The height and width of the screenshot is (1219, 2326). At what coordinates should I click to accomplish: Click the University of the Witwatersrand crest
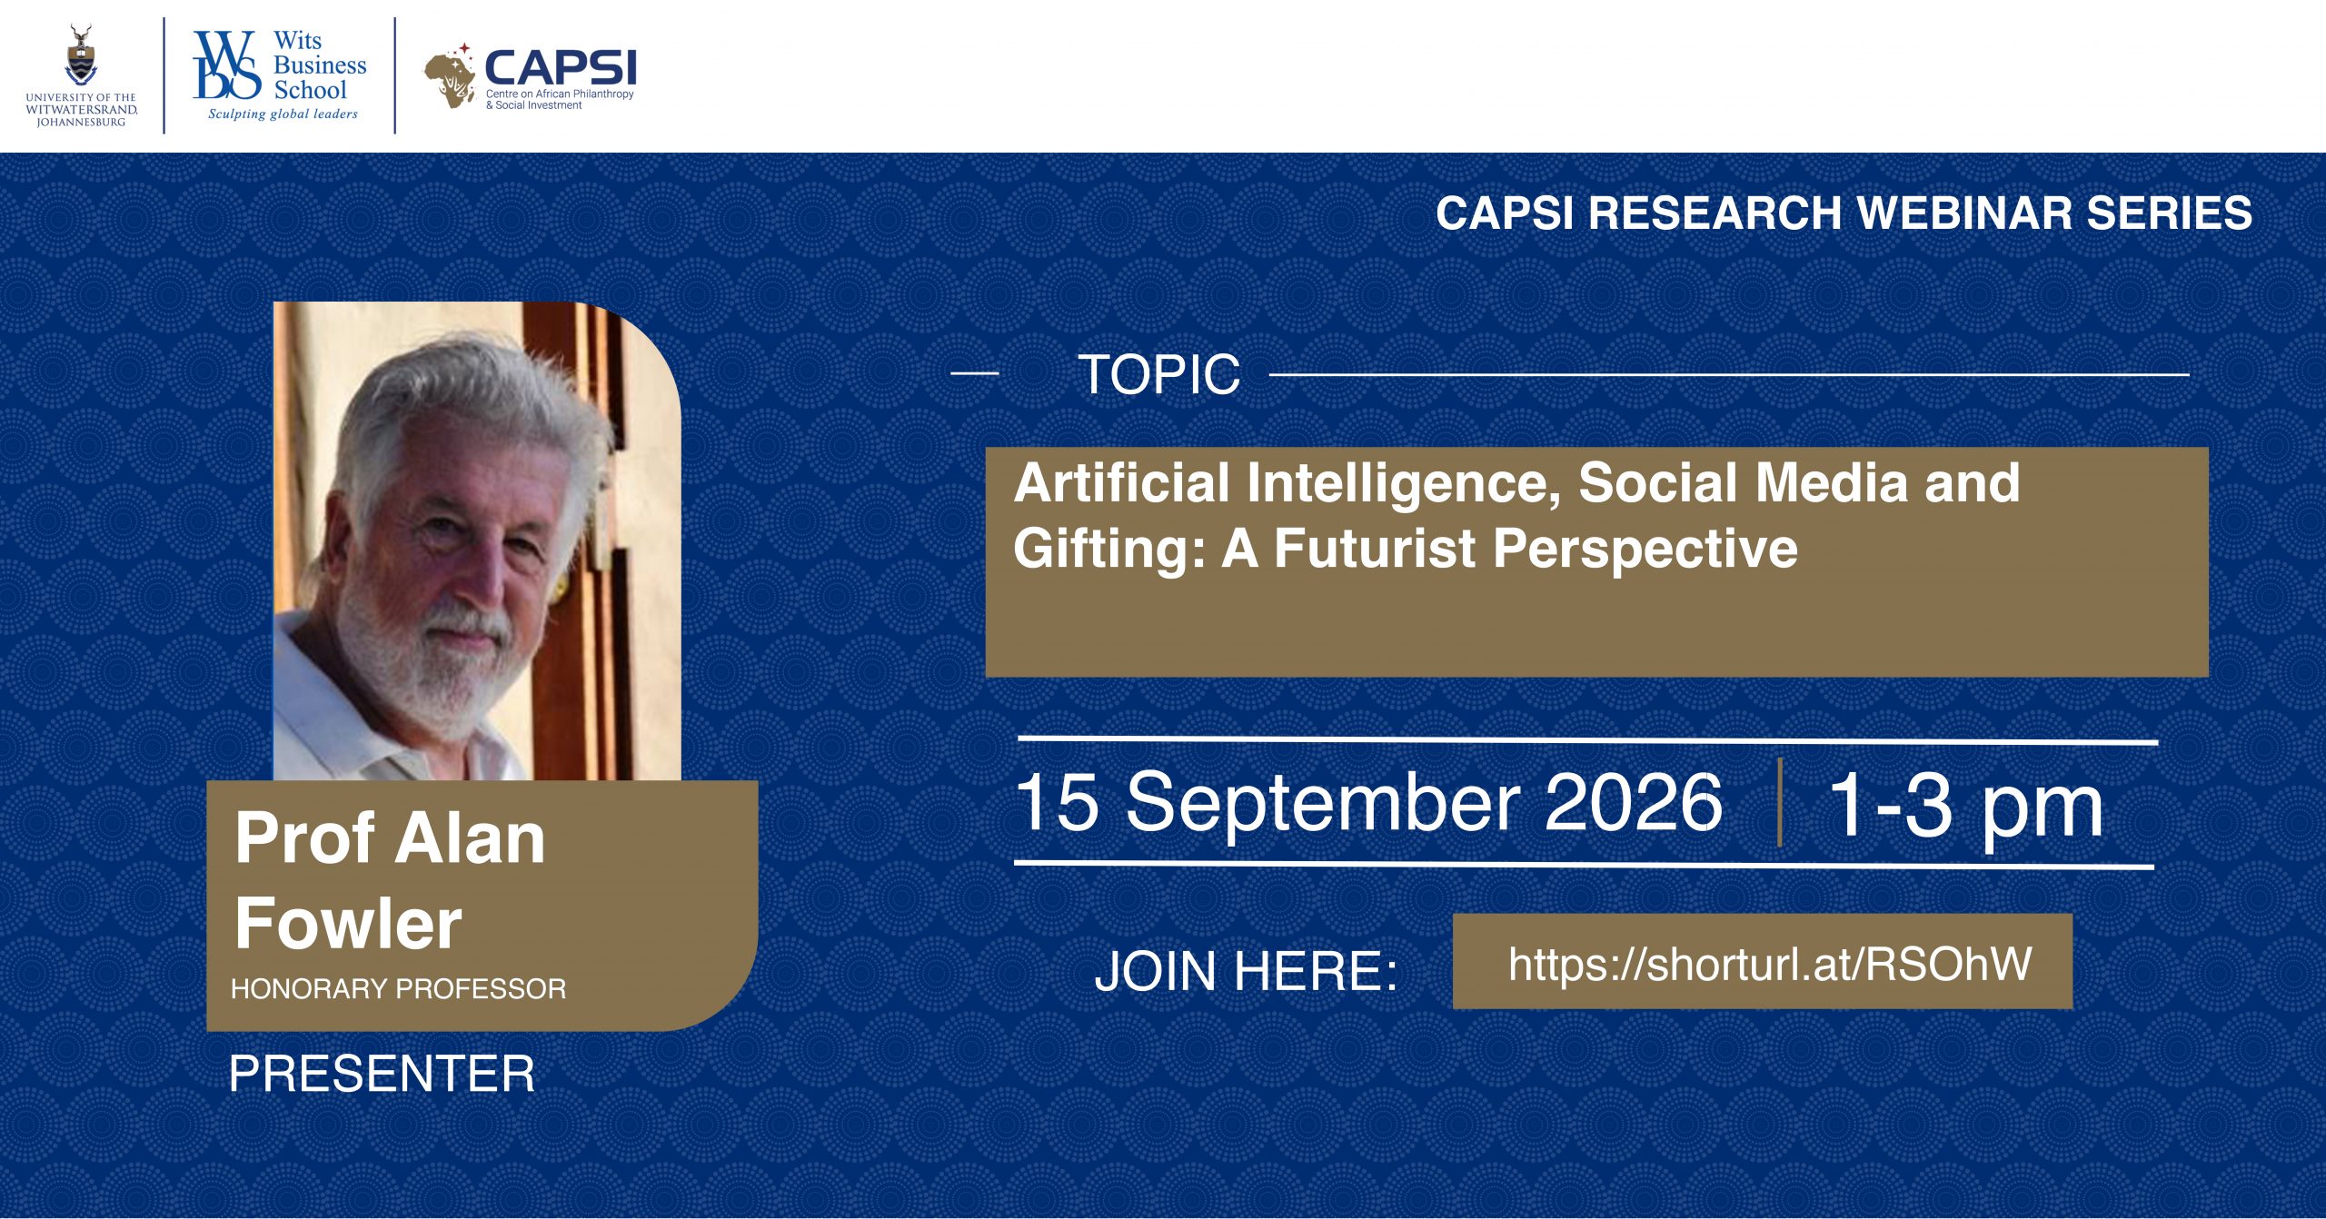pyautogui.click(x=81, y=55)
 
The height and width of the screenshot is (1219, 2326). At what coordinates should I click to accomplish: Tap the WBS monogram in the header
pyautogui.click(x=227, y=64)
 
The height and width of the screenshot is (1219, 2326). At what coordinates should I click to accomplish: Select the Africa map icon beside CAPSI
pyautogui.click(x=451, y=78)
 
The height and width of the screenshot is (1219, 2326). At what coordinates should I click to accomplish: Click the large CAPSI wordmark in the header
pyautogui.click(x=561, y=68)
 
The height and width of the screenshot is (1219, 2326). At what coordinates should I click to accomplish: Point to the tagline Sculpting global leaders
pyautogui.click(x=283, y=114)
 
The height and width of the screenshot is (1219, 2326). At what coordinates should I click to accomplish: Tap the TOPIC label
pyautogui.click(x=1158, y=373)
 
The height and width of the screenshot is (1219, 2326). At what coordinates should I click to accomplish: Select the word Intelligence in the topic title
pyautogui.click(x=1405, y=482)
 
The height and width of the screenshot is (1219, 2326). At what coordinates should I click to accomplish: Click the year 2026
pyautogui.click(x=1633, y=802)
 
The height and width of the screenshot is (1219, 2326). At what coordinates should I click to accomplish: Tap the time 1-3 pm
pyautogui.click(x=1964, y=806)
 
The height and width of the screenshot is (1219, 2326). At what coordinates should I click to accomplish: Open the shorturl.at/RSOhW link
pyautogui.click(x=1769, y=963)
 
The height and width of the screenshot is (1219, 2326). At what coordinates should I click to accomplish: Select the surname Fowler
pyautogui.click(x=348, y=923)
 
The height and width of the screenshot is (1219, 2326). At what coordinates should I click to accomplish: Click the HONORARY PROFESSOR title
pyautogui.click(x=398, y=988)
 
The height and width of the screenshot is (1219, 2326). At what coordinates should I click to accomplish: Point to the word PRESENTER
pyautogui.click(x=382, y=1074)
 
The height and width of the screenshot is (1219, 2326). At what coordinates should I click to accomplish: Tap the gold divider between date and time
pyautogui.click(x=1779, y=802)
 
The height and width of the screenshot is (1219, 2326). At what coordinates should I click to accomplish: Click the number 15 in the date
pyautogui.click(x=1057, y=800)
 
